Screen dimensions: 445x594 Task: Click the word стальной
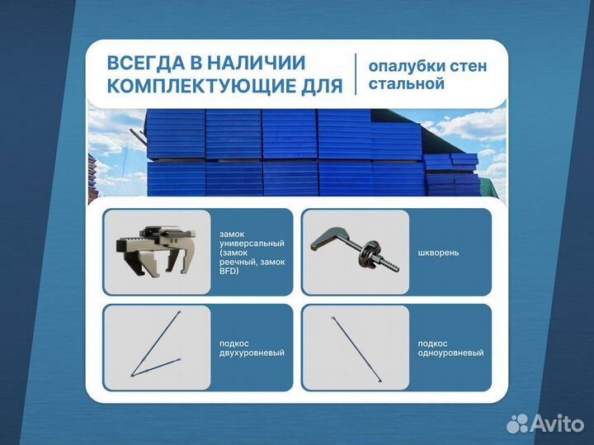point(407,83)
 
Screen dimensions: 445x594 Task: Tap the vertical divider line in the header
point(356,74)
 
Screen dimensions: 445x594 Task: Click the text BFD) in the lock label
point(229,271)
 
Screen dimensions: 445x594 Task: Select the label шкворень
point(435,253)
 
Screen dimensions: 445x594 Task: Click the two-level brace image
point(154,348)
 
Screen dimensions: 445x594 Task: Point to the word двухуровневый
point(252,353)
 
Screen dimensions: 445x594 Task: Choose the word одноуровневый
point(450,353)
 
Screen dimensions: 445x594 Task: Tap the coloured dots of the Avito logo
point(518,424)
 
